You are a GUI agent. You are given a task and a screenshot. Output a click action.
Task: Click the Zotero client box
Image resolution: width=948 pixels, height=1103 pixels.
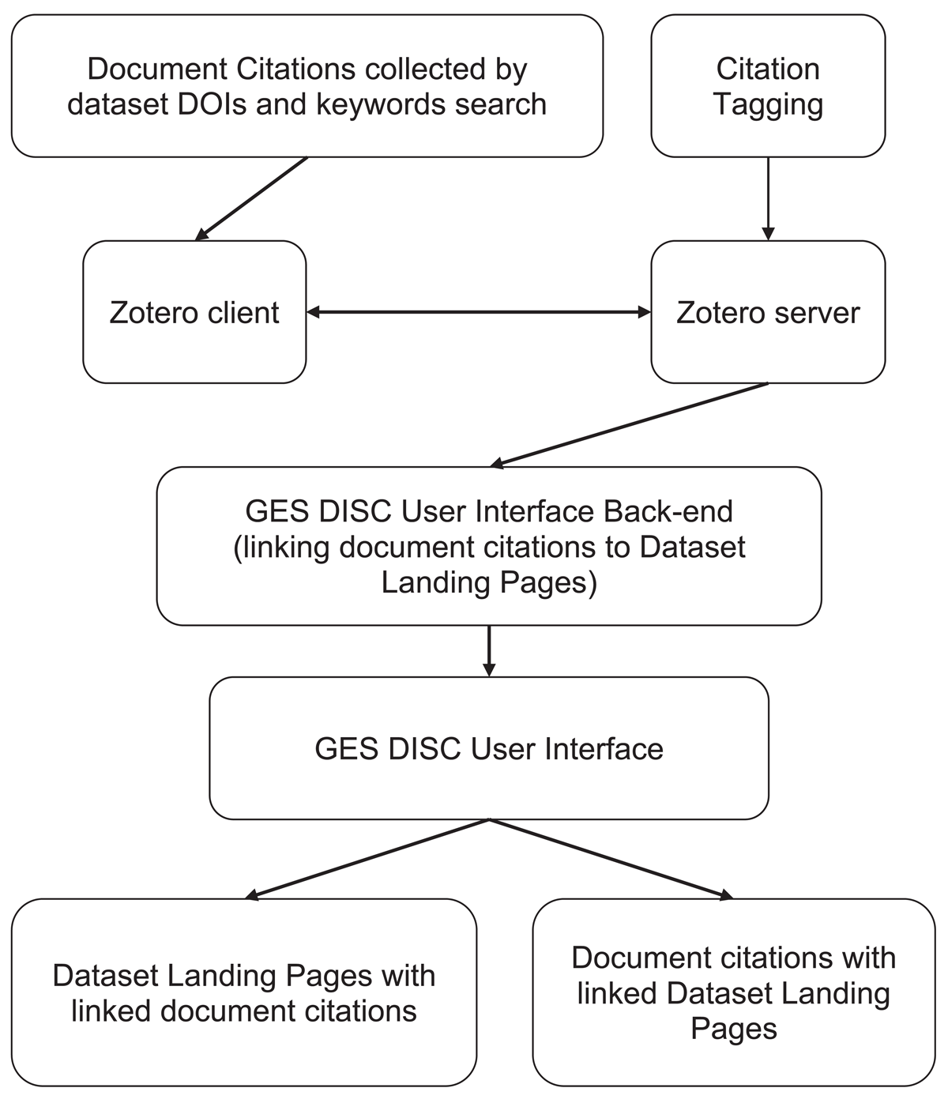pos(194,311)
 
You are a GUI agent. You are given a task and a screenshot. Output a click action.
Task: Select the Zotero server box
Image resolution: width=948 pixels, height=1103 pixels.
pos(768,311)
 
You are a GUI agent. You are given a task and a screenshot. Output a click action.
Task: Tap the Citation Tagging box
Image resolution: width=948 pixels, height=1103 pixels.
pos(768,86)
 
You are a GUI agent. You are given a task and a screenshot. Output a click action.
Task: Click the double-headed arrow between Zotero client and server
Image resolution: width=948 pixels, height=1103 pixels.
pos(479,312)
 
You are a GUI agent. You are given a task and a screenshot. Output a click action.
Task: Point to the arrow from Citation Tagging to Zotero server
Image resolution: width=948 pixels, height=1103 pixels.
pos(768,198)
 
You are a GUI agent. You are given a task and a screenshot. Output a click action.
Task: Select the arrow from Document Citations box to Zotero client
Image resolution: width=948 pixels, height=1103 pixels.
pos(251,198)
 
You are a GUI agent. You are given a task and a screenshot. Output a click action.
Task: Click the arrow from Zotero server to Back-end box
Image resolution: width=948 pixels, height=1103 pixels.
pos(629,425)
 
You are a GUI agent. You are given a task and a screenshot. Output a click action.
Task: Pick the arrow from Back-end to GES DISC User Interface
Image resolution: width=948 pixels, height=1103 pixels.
pos(489,651)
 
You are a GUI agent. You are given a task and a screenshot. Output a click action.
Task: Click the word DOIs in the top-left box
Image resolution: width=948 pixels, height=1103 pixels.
pos(212,104)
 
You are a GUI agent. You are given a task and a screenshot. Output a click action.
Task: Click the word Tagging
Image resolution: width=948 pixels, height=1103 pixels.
pos(768,104)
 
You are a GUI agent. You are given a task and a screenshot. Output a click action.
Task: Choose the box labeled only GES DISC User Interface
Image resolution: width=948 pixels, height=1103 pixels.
pos(489,748)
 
